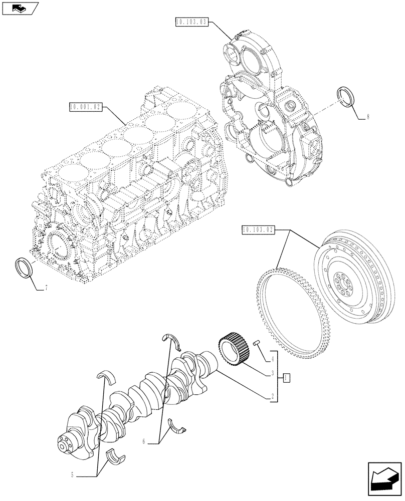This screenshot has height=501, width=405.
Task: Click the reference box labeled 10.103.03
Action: pyautogui.click(x=191, y=22)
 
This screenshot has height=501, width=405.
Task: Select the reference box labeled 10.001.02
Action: pyautogui.click(x=87, y=107)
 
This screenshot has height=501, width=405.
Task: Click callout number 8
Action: pyautogui.click(x=368, y=117)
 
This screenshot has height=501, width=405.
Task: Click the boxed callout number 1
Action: pyautogui.click(x=285, y=377)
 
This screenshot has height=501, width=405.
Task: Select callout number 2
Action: pyautogui.click(x=272, y=395)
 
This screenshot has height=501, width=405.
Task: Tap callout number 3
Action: pyautogui.click(x=272, y=373)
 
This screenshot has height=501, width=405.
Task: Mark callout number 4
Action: pyautogui.click(x=272, y=358)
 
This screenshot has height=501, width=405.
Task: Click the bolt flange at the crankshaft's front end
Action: pyautogui.click(x=65, y=443)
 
